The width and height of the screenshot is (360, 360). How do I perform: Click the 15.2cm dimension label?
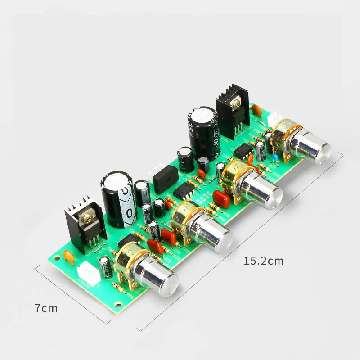pos(264,261)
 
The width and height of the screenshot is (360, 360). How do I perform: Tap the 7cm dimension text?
pos(46,308)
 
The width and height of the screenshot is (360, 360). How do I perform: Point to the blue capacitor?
pos(274,157)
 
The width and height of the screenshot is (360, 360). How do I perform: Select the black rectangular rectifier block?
pos(166,177)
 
